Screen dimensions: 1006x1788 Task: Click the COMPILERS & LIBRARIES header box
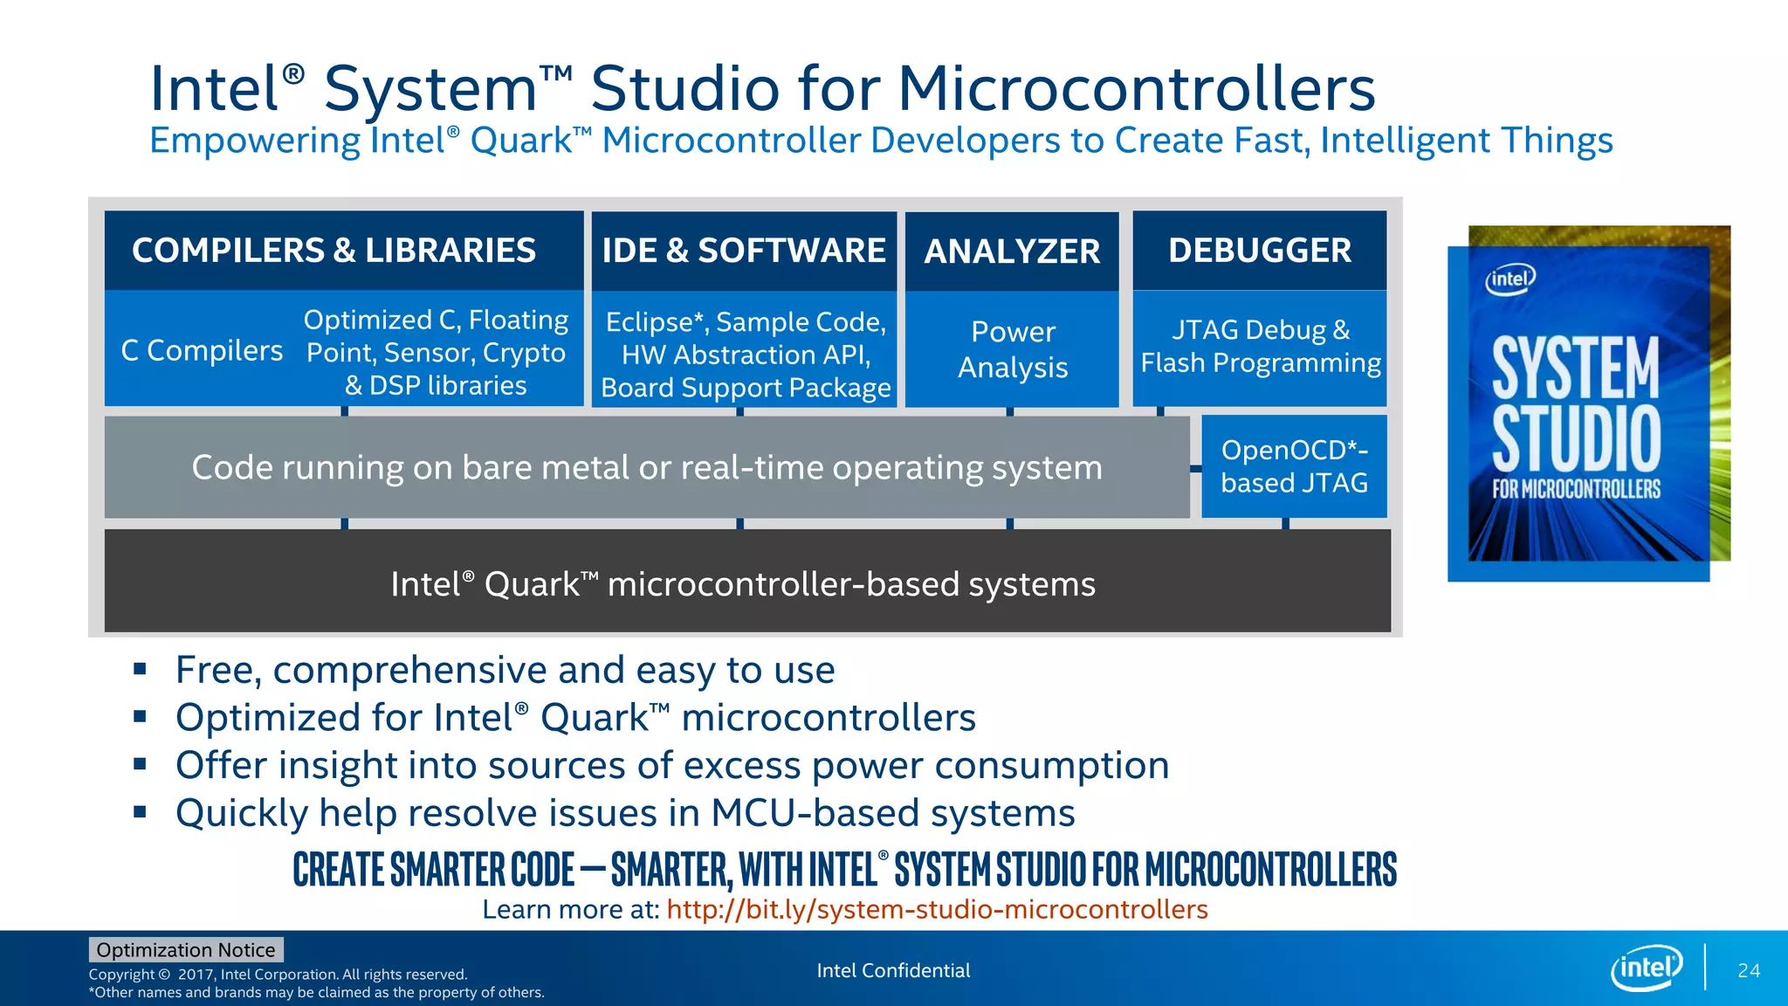pos(343,251)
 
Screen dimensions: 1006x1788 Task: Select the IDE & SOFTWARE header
pos(744,251)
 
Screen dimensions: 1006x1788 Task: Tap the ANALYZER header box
pos(1012,251)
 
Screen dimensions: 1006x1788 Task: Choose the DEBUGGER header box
pos(1259,251)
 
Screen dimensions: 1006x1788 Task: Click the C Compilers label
pos(202,351)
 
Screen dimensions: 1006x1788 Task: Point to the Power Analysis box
pos(1012,349)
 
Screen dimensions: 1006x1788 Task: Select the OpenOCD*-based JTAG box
pos(1294,466)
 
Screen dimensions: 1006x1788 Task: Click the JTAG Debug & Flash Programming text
pos(1260,347)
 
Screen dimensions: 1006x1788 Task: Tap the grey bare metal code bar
pos(646,467)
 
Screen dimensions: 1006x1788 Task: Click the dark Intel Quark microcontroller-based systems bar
pos(746,582)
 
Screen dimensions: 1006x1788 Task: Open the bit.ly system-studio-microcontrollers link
pos(937,910)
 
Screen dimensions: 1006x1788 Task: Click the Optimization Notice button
pos(186,949)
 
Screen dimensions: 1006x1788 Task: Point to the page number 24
pos(1748,970)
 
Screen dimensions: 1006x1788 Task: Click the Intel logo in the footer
pos(1646,968)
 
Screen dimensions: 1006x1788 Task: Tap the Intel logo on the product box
pos(1509,279)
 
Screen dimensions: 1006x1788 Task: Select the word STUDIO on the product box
pos(1576,438)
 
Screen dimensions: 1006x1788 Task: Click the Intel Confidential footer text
pos(893,970)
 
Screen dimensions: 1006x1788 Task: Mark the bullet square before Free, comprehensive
pos(140,670)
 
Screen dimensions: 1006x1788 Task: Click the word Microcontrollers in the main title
pos(1136,89)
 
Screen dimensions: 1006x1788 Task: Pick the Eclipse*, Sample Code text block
pos(746,355)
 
